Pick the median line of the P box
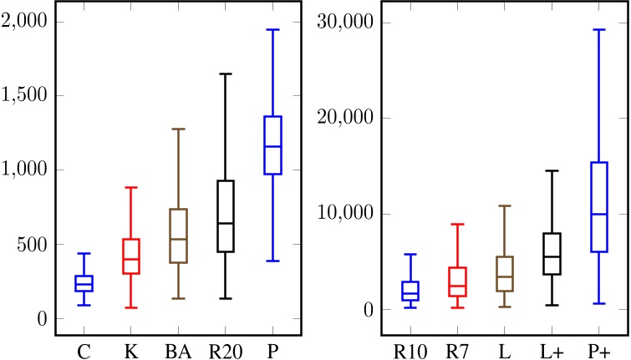[272, 146]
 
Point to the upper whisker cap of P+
[598, 29]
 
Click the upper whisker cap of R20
[225, 74]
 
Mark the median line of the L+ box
[552, 256]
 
